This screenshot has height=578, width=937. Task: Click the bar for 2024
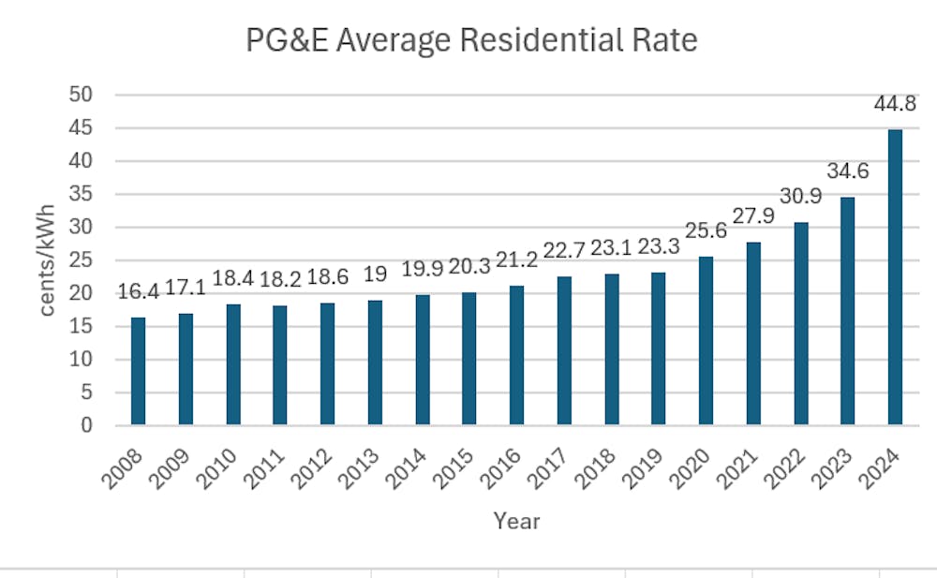(x=895, y=277)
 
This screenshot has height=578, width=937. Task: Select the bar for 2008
(x=139, y=371)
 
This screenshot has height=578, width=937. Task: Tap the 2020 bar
(x=706, y=341)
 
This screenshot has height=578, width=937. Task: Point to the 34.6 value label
(x=847, y=170)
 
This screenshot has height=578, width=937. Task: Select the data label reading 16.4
(x=139, y=292)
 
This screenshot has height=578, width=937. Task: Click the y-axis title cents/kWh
(x=47, y=260)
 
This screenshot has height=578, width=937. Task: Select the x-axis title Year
(x=516, y=521)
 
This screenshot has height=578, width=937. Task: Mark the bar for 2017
(x=564, y=351)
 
